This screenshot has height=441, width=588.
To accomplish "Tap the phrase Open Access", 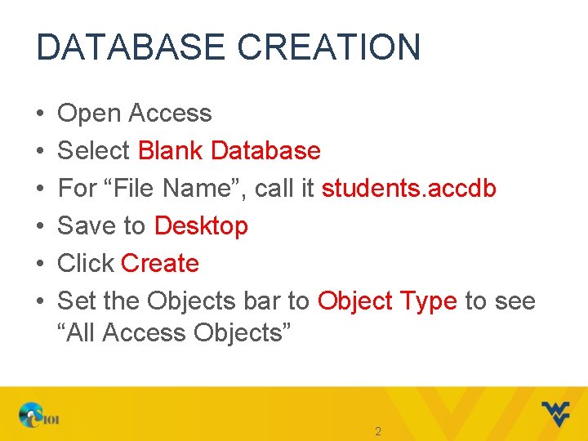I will [x=135, y=114].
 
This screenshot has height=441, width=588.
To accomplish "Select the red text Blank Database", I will [x=229, y=151].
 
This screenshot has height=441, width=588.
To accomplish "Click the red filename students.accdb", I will [x=409, y=189].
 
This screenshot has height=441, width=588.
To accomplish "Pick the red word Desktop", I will [x=201, y=226].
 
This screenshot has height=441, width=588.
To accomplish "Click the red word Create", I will [x=160, y=264].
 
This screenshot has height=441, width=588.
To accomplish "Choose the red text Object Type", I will [x=387, y=301].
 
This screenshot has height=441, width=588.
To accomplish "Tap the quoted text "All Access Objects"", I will [x=174, y=333].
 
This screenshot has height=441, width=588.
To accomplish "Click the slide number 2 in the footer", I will [x=377, y=431].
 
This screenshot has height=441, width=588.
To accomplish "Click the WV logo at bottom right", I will [x=556, y=414].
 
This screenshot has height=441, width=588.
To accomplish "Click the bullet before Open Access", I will [x=40, y=114].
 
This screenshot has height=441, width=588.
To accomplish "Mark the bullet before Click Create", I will [x=40, y=264].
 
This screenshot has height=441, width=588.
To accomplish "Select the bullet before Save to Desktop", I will [x=40, y=226].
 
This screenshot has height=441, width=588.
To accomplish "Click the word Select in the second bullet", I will [x=94, y=151].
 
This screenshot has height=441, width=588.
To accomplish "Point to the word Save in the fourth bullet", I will [x=87, y=226].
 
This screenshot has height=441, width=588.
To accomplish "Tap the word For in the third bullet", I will [x=78, y=189].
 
